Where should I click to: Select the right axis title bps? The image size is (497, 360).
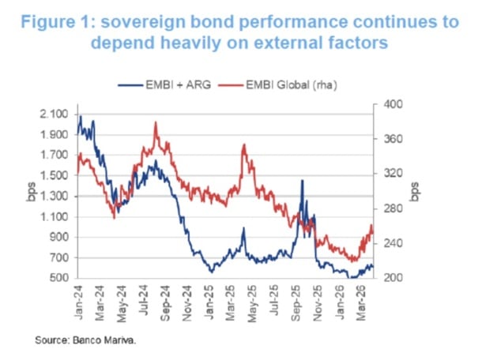coord(416,192)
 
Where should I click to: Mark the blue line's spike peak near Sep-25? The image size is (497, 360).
coord(302,181)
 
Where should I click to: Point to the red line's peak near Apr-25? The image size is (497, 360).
coord(244,145)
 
